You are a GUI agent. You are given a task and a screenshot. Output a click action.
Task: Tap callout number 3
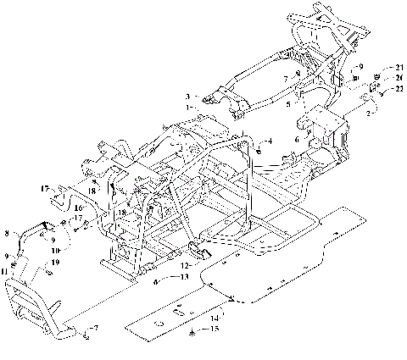(x=189, y=97)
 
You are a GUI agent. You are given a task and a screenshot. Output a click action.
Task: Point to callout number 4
(x=270, y=139)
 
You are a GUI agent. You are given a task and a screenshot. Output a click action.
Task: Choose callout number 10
(x=56, y=251)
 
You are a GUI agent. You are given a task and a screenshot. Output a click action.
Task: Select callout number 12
(x=175, y=266)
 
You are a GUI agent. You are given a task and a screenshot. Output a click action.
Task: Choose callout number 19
(x=57, y=263)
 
